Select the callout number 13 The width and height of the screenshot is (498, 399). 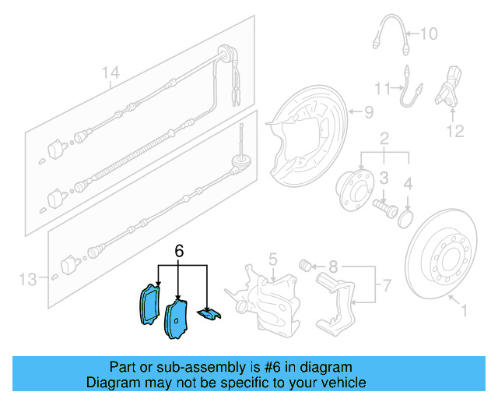28,278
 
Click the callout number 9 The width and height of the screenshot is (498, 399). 370,111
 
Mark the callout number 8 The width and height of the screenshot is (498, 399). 333,266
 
